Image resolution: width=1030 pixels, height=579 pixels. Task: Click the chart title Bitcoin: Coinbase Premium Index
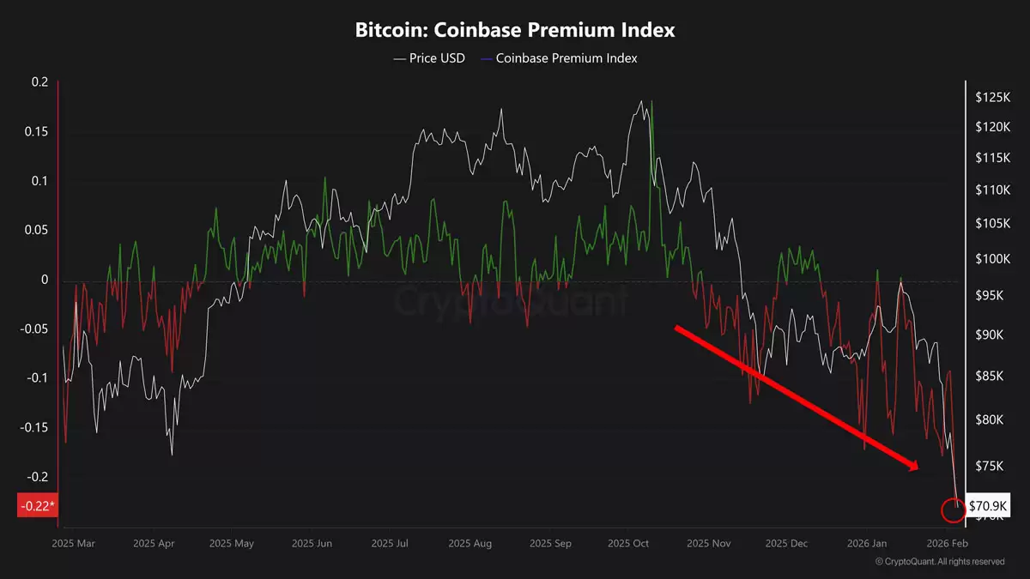click(x=515, y=29)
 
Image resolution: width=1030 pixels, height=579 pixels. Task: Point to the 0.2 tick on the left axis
click(x=40, y=82)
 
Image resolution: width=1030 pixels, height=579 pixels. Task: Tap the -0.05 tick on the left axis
click(x=34, y=329)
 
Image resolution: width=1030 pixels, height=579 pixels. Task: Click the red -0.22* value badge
click(x=36, y=506)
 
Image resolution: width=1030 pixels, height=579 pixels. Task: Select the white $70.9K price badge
click(x=988, y=506)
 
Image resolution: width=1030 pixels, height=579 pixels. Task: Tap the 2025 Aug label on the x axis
click(x=470, y=543)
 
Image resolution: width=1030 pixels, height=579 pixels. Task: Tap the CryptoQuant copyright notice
click(x=939, y=562)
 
